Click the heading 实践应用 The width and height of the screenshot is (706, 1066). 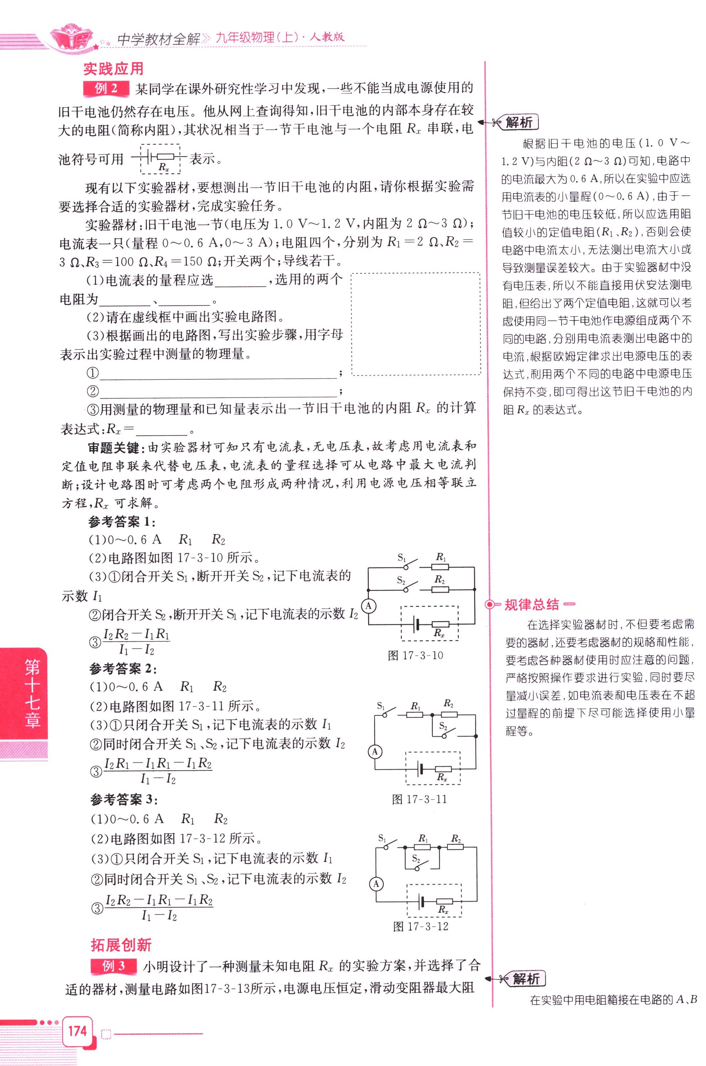[113, 69]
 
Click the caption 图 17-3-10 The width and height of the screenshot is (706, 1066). [415, 655]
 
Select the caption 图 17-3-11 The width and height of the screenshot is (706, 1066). [419, 799]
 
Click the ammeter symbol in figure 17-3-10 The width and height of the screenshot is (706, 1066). [369, 606]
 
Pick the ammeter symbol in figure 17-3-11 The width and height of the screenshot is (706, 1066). [375, 751]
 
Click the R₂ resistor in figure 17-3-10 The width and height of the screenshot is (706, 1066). [440, 589]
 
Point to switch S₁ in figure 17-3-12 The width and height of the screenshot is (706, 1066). [388, 844]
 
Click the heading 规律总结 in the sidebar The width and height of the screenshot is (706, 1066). [531, 604]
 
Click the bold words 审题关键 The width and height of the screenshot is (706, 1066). [113, 447]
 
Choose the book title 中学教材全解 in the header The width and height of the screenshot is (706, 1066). [158, 39]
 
